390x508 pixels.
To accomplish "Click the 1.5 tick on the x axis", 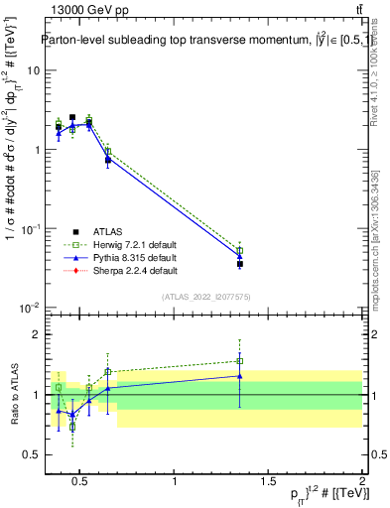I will (268, 482).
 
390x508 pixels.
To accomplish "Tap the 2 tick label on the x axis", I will (360, 482).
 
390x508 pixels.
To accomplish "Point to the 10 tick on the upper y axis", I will (32, 71).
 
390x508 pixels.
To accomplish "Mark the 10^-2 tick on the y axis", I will (29, 308).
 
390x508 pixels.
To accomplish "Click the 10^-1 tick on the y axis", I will (29, 229).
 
